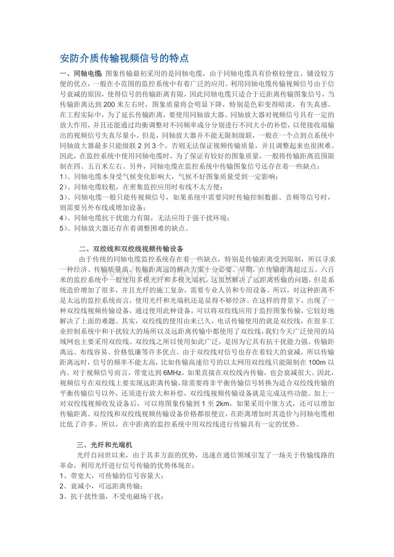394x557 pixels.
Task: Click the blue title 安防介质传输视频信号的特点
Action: (x=124, y=58)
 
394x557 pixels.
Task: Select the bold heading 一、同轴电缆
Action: (x=81, y=74)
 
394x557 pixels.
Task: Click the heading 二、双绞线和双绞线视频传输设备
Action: (x=131, y=249)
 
